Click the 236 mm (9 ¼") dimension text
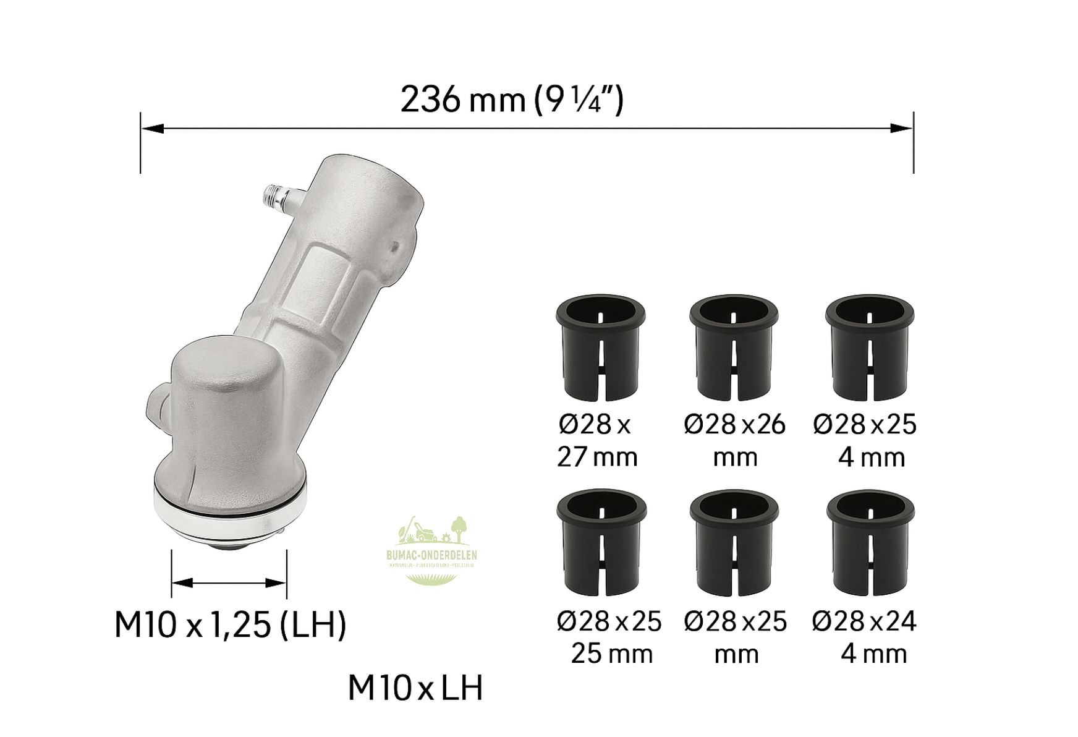pos(512,100)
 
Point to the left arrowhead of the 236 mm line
pos(152,129)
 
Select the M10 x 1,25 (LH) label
pos(230,624)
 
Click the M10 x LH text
pos(415,688)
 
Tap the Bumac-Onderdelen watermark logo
pos(431,550)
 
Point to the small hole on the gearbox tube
pos(394,247)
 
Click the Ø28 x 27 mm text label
pos(596,440)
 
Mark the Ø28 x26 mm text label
pos(734,440)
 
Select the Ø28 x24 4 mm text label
pos(864,637)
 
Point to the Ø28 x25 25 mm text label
pos(609,637)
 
